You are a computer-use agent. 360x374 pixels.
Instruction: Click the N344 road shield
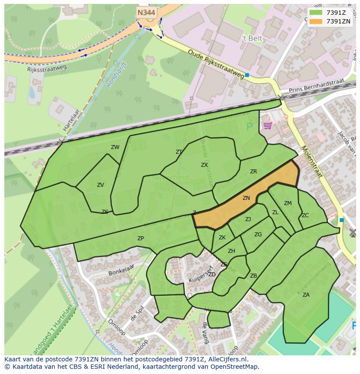click(146, 13)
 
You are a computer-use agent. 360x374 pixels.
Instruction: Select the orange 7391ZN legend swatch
click(316, 21)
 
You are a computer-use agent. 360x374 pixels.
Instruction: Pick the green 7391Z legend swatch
click(316, 13)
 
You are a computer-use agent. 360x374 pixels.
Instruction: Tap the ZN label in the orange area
click(246, 198)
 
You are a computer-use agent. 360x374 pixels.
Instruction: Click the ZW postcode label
click(115, 147)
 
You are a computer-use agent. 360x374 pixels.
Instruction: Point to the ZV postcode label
click(100, 185)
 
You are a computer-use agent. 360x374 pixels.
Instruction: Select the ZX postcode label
click(204, 165)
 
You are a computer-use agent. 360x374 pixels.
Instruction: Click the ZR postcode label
click(253, 172)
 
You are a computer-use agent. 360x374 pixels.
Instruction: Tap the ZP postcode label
click(140, 238)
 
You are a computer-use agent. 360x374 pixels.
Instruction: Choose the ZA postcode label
click(306, 295)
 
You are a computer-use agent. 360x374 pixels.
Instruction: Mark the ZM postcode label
click(288, 203)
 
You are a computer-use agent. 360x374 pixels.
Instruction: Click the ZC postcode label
click(305, 215)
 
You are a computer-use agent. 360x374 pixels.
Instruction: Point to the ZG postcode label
click(258, 235)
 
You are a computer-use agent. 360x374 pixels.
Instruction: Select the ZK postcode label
click(222, 238)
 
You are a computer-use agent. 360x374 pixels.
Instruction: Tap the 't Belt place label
click(252, 38)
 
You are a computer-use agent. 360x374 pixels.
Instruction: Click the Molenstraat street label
click(311, 162)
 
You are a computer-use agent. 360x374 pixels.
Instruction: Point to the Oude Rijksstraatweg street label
click(216, 64)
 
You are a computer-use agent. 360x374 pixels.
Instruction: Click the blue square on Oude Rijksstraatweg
click(247, 75)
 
